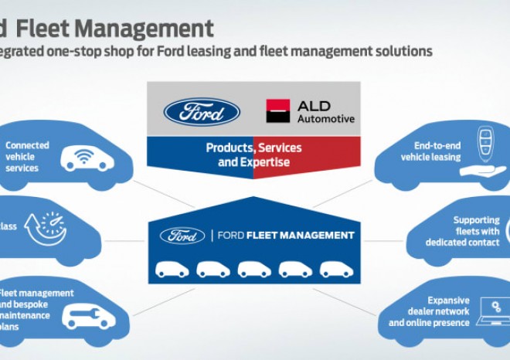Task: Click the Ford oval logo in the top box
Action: tap(202, 111)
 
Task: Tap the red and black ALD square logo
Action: tap(277, 111)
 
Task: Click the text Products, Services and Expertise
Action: tap(253, 155)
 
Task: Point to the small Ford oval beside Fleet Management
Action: tap(182, 236)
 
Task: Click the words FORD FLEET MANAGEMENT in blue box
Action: tap(284, 236)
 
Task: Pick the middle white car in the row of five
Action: tap(254, 269)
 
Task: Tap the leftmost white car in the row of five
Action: tap(171, 269)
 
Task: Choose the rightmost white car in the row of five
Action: tap(337, 269)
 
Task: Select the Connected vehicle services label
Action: tap(27, 157)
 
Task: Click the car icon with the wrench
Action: tap(89, 315)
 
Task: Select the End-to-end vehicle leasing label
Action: tap(430, 151)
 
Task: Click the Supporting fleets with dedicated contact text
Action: tap(462, 231)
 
